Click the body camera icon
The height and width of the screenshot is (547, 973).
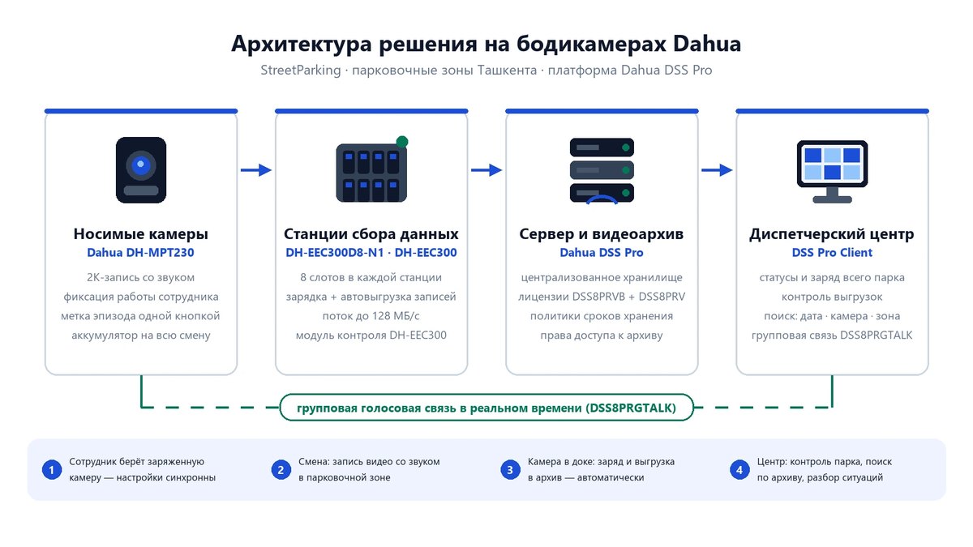[x=141, y=170]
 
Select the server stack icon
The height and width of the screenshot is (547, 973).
[x=602, y=171]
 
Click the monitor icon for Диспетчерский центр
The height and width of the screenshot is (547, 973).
[x=832, y=172]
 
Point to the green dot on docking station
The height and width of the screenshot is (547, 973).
[x=402, y=142]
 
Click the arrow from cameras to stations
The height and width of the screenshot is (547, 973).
[x=256, y=169]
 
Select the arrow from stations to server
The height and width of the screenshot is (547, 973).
[x=486, y=169]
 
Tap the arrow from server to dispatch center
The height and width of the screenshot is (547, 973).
[x=717, y=169]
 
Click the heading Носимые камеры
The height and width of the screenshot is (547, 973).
[x=141, y=234]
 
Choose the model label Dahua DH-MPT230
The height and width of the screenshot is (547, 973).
[x=141, y=253]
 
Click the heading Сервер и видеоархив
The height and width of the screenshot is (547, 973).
[x=602, y=234]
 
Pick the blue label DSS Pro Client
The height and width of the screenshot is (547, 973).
[x=832, y=253]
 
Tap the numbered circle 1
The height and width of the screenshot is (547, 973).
[x=52, y=470]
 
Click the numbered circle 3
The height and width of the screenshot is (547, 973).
[x=510, y=470]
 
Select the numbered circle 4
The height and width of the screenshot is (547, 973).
[x=739, y=470]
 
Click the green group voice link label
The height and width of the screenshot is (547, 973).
[x=486, y=408]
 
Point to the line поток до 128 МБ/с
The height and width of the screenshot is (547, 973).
[x=371, y=316]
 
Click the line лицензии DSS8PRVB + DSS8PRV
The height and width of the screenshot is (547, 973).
[x=602, y=297]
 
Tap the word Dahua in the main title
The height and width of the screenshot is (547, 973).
[x=707, y=44]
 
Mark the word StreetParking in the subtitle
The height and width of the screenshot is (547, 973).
[x=301, y=71]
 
